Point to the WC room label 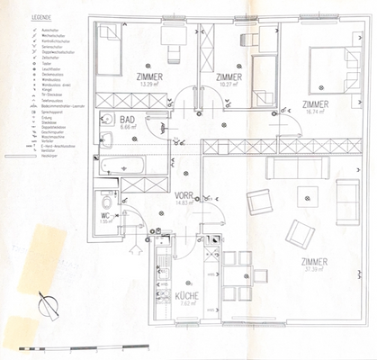pos(104,215)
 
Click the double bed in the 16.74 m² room pos(333,67)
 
